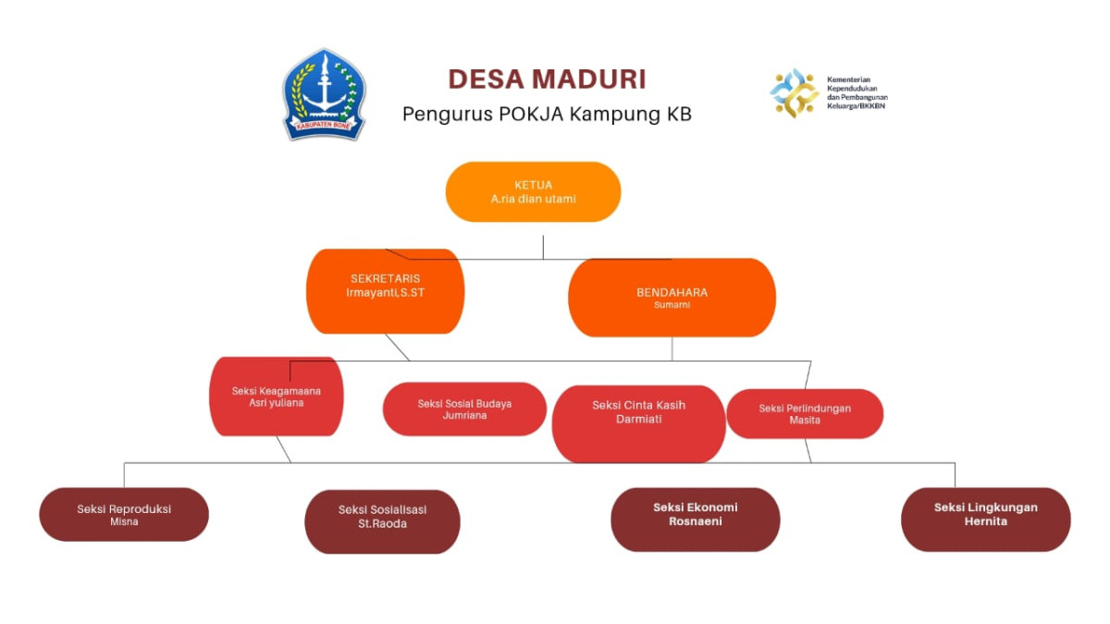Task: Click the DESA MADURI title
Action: point(547,79)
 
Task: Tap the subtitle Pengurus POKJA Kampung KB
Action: point(547,115)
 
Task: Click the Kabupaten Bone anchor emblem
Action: point(324,94)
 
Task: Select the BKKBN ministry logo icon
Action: point(794,92)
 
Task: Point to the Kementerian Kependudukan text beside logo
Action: point(857,92)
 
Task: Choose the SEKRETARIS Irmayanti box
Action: point(385,291)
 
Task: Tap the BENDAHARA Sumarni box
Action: point(672,298)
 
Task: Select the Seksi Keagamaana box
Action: point(277,398)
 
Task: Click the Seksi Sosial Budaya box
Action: point(464,409)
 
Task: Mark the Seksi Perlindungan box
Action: point(805,413)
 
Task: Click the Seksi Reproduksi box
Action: point(124,514)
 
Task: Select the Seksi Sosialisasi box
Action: point(382,521)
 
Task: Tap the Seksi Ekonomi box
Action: point(695,520)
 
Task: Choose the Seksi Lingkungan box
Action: point(985,520)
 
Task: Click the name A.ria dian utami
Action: point(533,198)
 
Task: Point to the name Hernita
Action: point(985,521)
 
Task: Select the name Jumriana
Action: point(464,416)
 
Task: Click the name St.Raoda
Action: point(382,524)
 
